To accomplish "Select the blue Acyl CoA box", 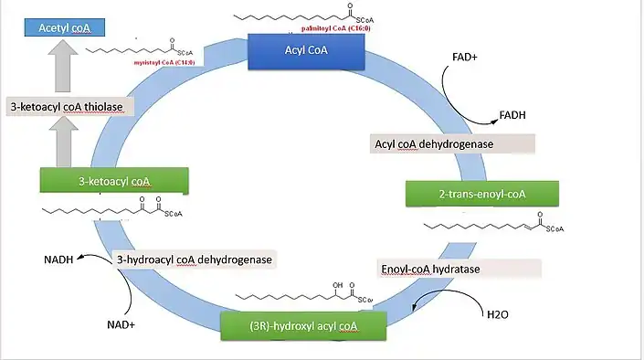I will [x=307, y=51].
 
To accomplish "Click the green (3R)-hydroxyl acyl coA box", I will [x=303, y=326].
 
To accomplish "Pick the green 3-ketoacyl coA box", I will [x=114, y=181].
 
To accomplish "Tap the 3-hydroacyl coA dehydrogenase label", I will [x=194, y=259].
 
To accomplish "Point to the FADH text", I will [x=512, y=116].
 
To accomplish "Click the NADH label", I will [x=58, y=259].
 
